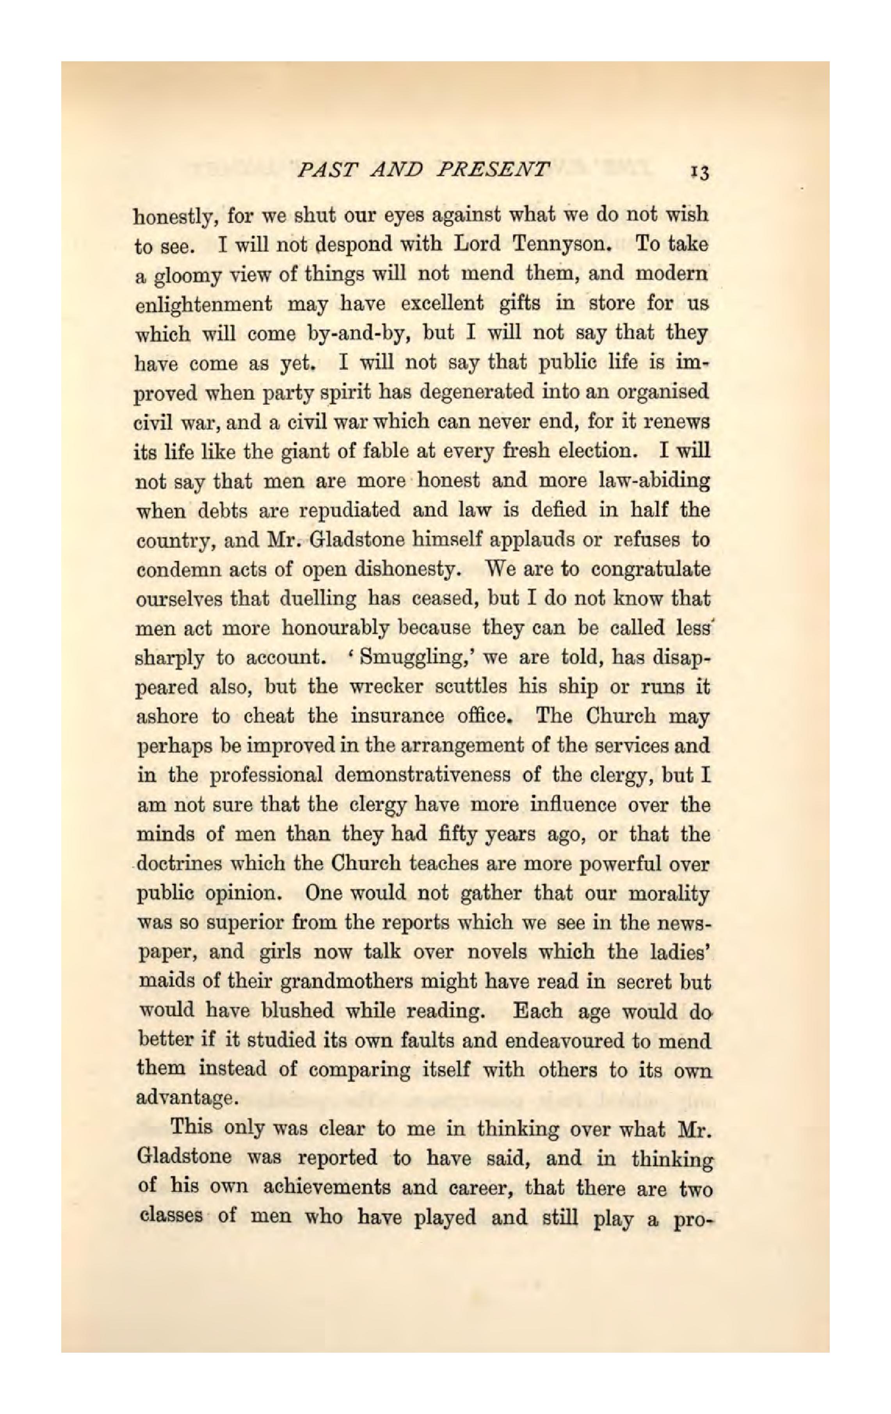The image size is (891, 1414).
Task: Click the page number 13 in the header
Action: pos(700,173)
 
